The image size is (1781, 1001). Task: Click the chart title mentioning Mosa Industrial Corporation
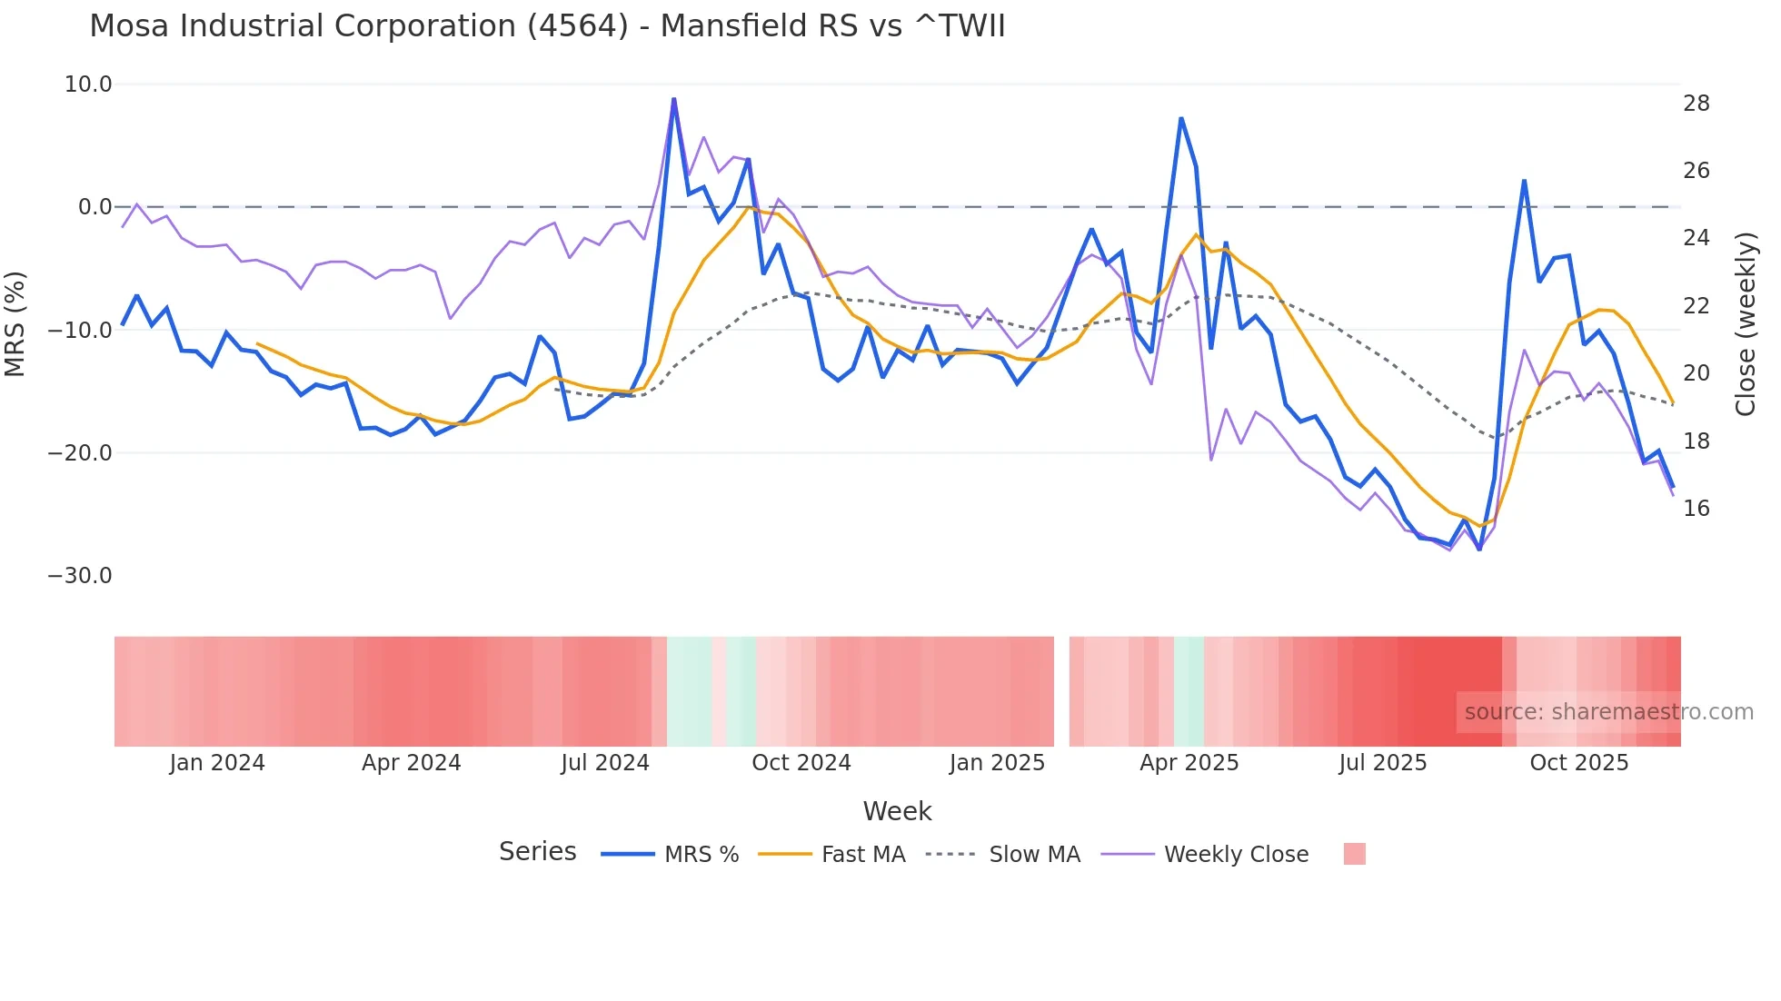[547, 26]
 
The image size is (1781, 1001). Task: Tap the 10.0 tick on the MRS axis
[88, 84]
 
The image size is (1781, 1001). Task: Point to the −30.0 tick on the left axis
[80, 576]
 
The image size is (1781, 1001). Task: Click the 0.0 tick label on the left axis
[95, 207]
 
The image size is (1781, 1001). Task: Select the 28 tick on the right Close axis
[1696, 104]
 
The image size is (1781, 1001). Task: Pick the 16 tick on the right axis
[1696, 509]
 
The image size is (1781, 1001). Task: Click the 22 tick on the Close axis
[1696, 306]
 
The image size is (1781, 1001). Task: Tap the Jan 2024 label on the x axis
[217, 763]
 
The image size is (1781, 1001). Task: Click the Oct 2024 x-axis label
[801, 763]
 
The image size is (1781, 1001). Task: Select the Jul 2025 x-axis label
[1382, 763]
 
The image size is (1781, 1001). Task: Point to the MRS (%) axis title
[15, 324]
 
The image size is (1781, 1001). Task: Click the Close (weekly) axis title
[1746, 324]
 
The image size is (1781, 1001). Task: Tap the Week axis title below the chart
[897, 811]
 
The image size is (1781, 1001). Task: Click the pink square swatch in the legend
[1354, 854]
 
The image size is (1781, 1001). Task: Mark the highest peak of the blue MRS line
[673, 99]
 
